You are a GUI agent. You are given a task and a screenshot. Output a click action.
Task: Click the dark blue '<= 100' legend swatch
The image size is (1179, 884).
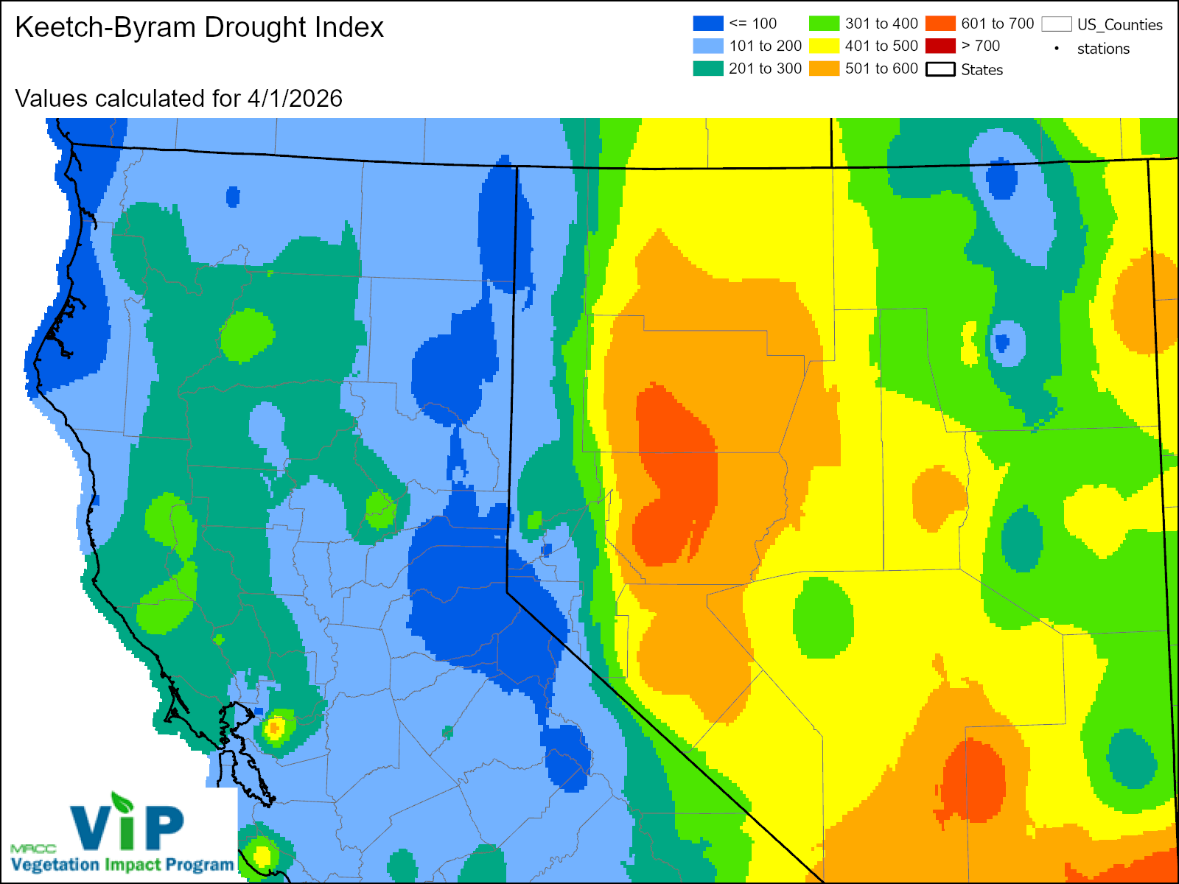707,24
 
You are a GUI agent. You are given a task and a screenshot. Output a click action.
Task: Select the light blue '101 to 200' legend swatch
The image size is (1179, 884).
707,46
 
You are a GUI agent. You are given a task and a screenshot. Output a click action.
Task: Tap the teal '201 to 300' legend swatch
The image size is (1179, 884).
707,69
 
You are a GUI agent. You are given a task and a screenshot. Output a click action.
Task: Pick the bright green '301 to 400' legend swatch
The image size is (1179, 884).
824,24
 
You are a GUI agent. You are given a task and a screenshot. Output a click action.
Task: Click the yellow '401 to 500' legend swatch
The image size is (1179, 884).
824,46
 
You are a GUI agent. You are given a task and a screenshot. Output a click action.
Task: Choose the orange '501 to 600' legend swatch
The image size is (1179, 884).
824,69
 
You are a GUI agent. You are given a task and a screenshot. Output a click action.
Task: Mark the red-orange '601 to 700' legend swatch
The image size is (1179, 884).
940,24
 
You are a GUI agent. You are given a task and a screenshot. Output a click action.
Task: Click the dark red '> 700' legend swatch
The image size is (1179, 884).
940,46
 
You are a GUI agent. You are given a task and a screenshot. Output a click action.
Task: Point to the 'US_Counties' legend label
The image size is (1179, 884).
1119,25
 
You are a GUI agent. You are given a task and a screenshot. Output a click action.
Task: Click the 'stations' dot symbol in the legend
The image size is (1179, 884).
1057,49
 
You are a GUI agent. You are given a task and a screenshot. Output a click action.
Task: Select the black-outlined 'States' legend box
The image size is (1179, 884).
940,69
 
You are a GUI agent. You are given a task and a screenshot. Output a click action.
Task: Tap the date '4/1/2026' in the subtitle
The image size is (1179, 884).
295,99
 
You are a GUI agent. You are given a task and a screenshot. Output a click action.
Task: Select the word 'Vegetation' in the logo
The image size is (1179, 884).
55,865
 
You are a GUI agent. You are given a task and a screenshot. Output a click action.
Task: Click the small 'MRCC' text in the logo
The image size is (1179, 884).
33,849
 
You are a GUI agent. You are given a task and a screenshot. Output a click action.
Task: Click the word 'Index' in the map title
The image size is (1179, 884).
349,28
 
